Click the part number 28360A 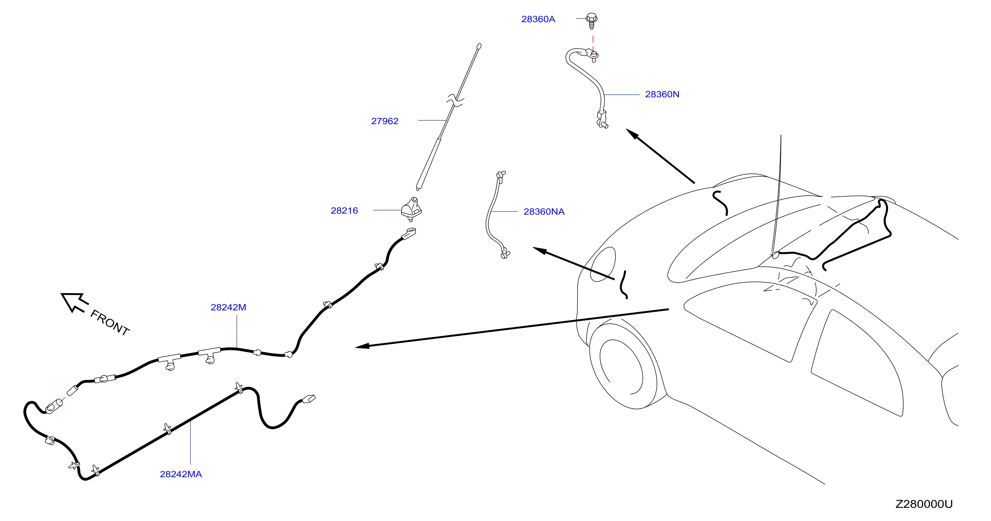coord(538,19)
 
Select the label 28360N coord(662,94)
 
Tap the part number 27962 coord(385,121)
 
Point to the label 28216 coord(344,211)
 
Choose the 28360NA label coord(544,211)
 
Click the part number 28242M coord(228,307)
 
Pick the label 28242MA coord(181,474)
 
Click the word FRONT coord(110,323)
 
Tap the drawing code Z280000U coord(924,504)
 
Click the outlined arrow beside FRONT coord(74,303)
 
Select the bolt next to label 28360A coord(592,21)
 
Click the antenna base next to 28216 coord(411,209)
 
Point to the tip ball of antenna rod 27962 coord(479,47)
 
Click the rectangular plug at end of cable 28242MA coord(309,399)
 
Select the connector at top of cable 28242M coord(409,233)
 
